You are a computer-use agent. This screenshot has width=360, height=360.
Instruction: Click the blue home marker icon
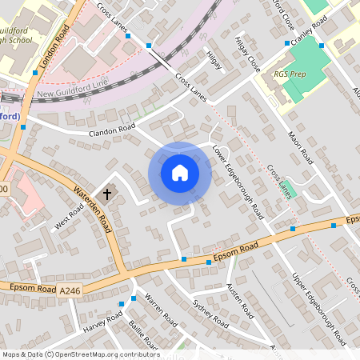click(x=180, y=172)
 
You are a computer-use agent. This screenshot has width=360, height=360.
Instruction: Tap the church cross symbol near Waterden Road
click(x=107, y=194)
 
